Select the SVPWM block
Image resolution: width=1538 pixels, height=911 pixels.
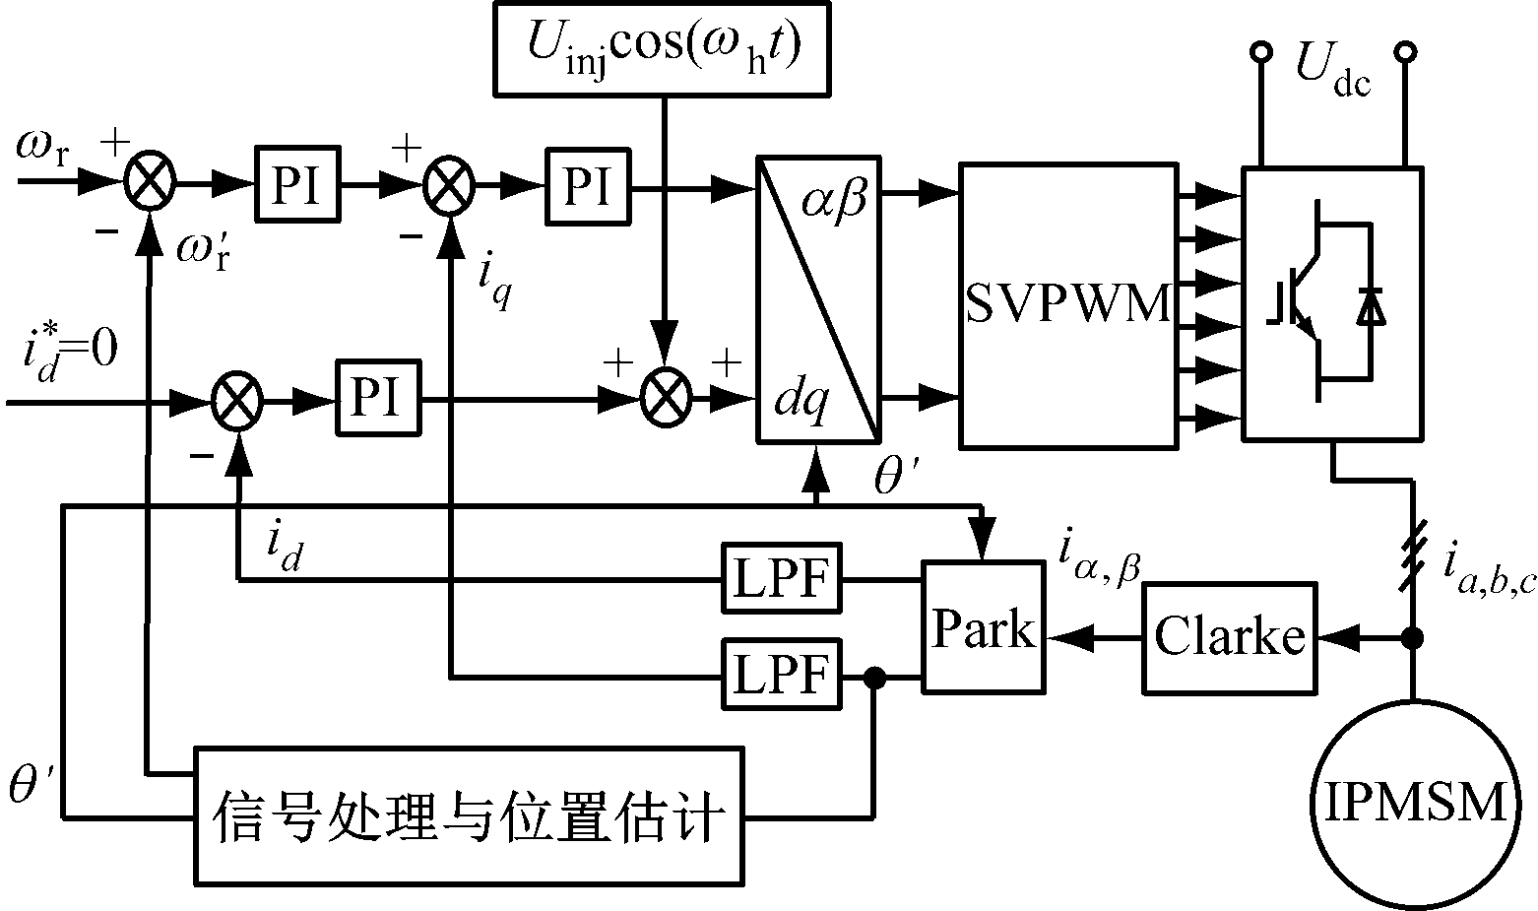[1068, 305]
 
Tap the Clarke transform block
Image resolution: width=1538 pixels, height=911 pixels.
[1229, 637]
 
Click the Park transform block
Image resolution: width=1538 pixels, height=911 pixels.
[984, 628]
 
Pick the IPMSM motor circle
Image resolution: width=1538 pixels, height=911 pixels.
[1415, 804]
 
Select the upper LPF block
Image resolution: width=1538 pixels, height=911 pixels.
[782, 579]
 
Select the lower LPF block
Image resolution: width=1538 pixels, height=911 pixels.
[782, 675]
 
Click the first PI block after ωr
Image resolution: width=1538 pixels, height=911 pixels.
[296, 184]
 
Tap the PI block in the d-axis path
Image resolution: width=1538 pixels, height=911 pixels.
[377, 400]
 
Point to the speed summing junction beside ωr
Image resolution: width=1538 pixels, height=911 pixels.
[151, 183]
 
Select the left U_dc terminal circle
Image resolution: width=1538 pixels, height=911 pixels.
[1259, 51]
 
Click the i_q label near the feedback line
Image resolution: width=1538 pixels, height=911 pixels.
[493, 281]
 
